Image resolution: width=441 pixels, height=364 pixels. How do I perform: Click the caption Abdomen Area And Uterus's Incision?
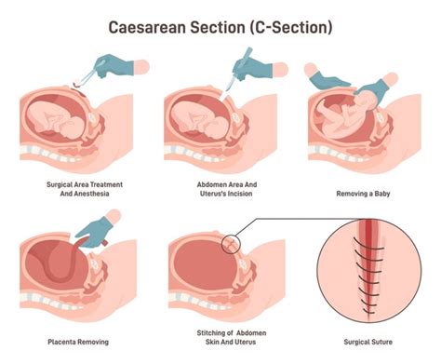point(220,190)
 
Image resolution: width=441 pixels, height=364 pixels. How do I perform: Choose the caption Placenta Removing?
point(76,330)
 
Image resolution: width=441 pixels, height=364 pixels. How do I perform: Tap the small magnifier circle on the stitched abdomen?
point(231,243)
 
